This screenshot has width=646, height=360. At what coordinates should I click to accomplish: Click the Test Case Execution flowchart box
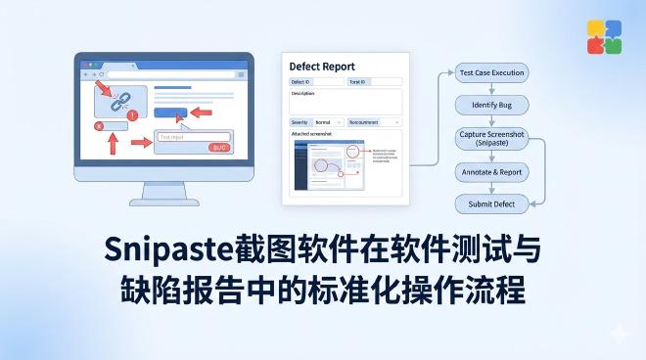pos(492,73)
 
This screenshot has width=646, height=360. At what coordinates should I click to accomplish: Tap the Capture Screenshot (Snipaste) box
pos(492,138)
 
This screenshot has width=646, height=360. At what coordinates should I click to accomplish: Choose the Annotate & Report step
pos(492,172)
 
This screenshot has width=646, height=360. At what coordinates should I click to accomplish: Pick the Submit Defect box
pos(492,203)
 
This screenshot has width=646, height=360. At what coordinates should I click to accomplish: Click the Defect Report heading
pos(323,67)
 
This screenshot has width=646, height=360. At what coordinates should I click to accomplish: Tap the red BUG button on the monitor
pos(219,148)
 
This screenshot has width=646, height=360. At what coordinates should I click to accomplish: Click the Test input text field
pos(192,137)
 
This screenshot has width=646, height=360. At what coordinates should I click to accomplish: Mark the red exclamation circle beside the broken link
pos(132,115)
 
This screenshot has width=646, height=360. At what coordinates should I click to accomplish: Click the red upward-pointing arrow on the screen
pos(112,144)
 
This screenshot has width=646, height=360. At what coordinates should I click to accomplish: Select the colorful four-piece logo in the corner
pos(604,36)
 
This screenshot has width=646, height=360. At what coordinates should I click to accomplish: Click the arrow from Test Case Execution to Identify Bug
pos(492,88)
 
